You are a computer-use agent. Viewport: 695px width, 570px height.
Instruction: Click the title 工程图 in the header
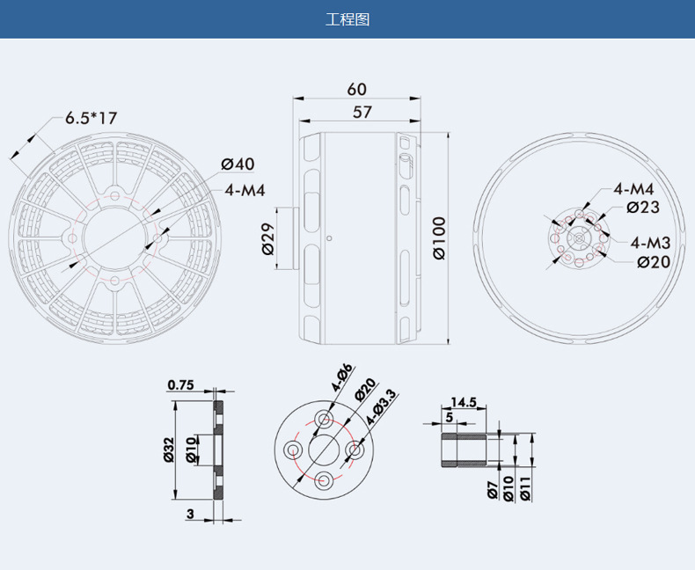click(x=347, y=19)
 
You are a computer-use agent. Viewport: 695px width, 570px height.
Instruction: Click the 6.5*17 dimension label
click(x=91, y=119)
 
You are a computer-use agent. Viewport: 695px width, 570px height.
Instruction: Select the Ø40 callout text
click(x=238, y=164)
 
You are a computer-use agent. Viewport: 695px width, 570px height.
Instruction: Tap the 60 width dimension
click(x=357, y=90)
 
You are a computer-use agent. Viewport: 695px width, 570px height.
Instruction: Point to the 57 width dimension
click(x=362, y=112)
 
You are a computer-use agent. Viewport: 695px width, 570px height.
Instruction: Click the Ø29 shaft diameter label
click(x=268, y=238)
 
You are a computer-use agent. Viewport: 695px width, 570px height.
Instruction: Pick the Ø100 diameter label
click(x=439, y=238)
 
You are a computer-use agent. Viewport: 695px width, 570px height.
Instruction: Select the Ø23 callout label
click(x=643, y=207)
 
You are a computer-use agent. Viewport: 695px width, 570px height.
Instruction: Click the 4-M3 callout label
click(x=651, y=243)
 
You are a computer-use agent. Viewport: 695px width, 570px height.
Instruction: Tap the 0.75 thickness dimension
click(x=181, y=384)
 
